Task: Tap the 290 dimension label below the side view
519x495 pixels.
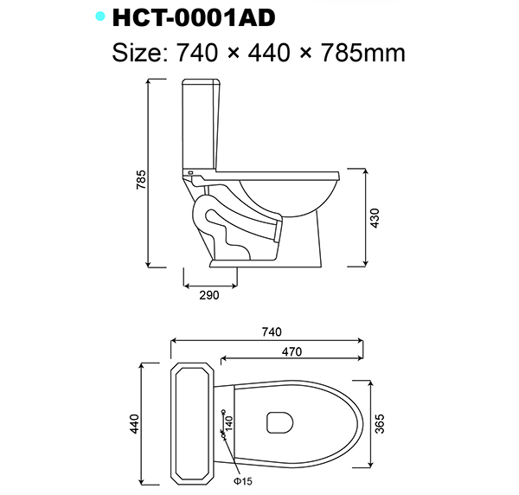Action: click(209, 295)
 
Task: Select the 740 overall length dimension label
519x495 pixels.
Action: click(271, 331)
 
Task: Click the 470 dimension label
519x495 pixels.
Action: click(292, 351)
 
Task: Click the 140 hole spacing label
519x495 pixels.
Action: click(230, 421)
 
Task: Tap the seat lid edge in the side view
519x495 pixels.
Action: click(277, 173)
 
